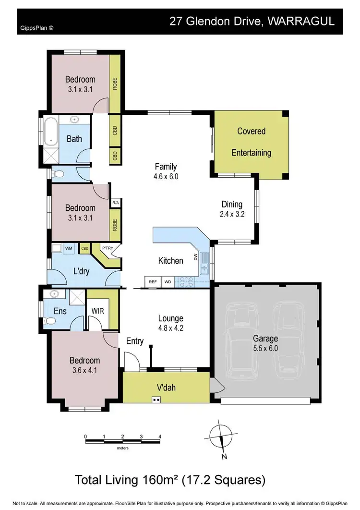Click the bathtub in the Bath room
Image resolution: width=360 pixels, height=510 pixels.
[51, 130]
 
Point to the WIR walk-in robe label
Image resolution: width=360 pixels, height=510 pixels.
[98, 311]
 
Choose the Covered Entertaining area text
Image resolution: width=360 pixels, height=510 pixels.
[251, 142]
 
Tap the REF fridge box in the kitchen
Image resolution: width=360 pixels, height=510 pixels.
[153, 282]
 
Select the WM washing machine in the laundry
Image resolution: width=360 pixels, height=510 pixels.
[68, 248]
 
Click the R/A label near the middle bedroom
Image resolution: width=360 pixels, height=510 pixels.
[115, 203]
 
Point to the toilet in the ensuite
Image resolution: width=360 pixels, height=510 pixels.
[49, 321]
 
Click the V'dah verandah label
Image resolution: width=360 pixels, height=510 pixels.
[166, 388]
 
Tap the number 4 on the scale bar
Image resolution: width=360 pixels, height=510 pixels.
[160, 437]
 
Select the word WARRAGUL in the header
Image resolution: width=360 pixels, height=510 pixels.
[308, 22]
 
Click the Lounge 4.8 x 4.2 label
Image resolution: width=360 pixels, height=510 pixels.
[170, 323]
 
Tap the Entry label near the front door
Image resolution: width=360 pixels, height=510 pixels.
[135, 341]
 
